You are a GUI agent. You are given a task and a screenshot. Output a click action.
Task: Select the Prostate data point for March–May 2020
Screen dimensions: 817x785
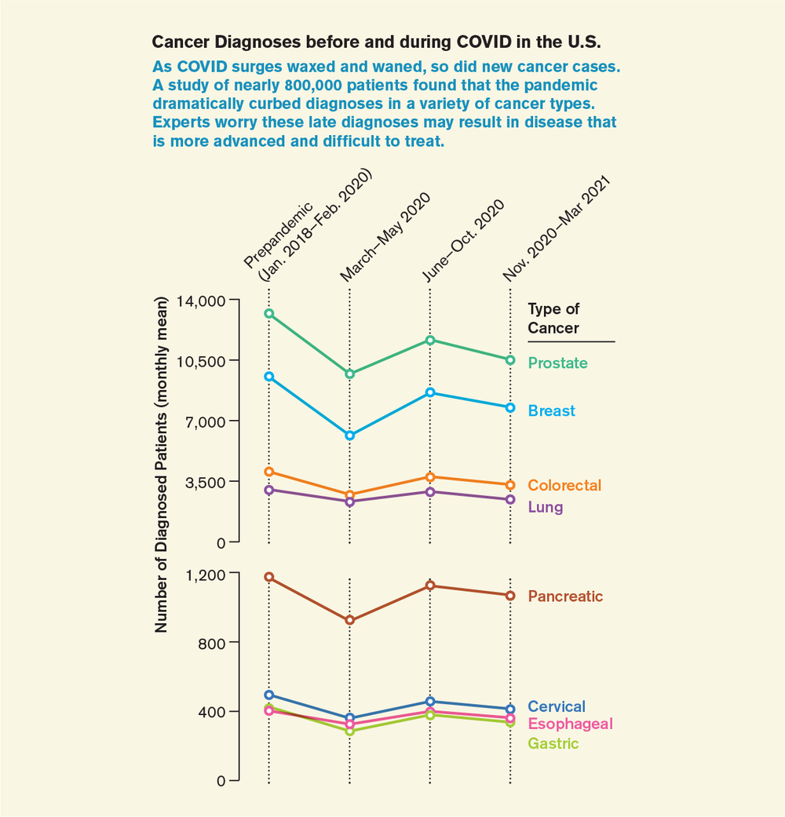click(x=349, y=374)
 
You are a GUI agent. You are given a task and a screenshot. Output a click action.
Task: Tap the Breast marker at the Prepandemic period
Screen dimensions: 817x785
click(x=268, y=377)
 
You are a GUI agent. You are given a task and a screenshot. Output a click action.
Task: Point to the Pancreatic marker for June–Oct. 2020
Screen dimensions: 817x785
click(x=429, y=585)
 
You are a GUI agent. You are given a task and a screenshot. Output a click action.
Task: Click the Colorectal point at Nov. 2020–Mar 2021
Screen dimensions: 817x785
click(x=510, y=485)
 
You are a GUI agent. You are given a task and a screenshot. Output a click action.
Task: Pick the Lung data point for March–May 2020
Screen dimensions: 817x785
click(x=349, y=502)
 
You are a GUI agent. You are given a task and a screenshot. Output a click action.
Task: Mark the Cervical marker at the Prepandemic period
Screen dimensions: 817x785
click(x=268, y=695)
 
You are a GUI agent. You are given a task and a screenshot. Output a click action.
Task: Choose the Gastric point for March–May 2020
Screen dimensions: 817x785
click(x=349, y=731)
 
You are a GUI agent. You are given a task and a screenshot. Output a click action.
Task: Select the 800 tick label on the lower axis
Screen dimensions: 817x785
click(x=210, y=643)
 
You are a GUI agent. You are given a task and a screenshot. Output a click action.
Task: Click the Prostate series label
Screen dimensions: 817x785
click(x=557, y=363)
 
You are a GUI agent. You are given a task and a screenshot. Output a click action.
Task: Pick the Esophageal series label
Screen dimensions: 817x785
click(x=570, y=724)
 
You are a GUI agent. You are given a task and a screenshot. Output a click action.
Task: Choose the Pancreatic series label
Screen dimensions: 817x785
click(x=565, y=596)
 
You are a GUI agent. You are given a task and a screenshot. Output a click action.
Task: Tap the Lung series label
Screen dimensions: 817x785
click(x=546, y=507)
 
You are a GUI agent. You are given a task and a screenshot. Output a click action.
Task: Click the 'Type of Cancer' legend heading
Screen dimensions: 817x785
click(x=553, y=319)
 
